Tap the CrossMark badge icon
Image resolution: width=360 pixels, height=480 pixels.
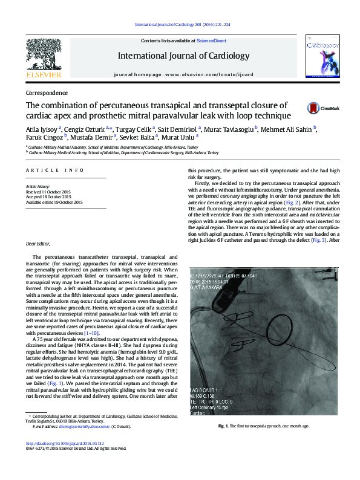[313, 109]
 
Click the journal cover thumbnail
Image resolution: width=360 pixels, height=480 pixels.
[321, 56]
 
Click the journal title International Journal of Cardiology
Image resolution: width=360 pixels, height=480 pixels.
[183, 56]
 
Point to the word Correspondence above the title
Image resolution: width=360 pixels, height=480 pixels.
[47, 94]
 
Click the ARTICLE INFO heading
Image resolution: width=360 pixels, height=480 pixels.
[55, 170]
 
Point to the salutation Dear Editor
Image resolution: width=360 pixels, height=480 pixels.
[41, 244]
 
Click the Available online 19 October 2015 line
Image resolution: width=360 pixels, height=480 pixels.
[54, 202]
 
